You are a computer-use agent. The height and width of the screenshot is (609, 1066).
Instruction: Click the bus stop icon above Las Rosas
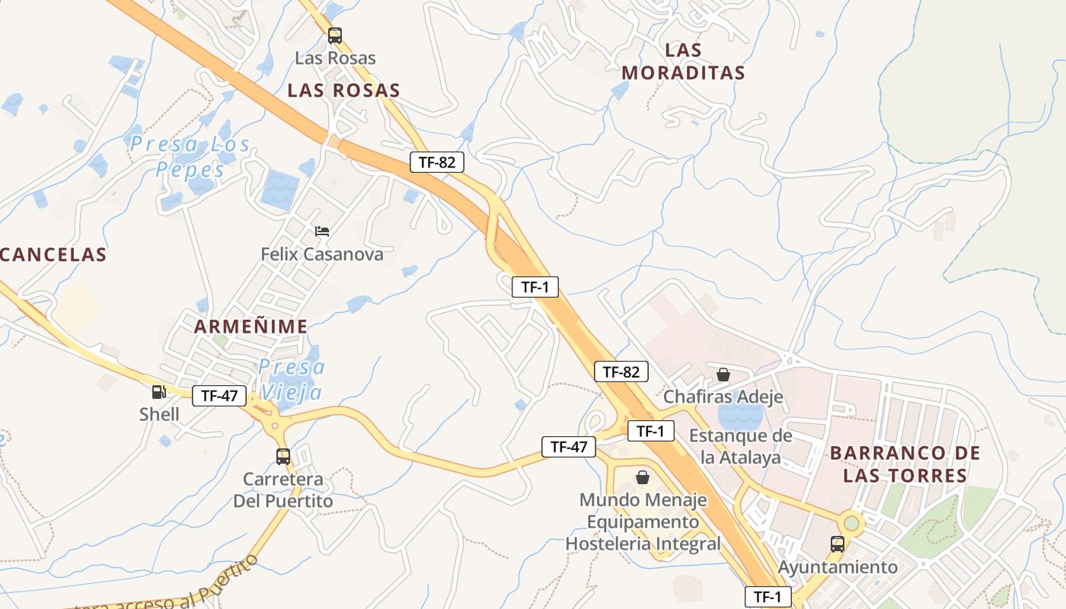(334, 35)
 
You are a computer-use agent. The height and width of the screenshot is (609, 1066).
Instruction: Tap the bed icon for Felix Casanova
(322, 231)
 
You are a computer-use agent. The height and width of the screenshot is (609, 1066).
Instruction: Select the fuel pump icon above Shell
(159, 392)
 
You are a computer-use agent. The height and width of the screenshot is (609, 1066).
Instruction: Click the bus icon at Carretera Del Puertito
(283, 457)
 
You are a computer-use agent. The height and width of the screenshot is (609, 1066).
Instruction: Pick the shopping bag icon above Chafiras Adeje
(723, 375)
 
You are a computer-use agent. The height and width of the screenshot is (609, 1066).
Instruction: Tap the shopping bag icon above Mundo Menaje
(643, 477)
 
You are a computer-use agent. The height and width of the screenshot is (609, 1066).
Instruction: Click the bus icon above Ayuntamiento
(838, 544)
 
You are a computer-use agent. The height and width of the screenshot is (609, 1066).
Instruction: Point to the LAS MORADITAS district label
(683, 62)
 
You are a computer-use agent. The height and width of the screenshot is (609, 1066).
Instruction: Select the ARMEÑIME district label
(251, 327)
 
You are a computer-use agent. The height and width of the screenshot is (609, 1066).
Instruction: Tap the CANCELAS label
(53, 254)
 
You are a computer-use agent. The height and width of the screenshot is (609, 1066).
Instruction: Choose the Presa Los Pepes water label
(190, 156)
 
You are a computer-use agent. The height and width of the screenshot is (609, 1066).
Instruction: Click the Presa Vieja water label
(292, 379)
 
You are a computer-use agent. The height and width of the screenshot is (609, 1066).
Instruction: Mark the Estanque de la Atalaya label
(741, 447)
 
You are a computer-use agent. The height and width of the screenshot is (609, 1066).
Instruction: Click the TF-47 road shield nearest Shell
(219, 396)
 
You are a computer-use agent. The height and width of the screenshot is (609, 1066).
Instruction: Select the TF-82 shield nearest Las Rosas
(437, 161)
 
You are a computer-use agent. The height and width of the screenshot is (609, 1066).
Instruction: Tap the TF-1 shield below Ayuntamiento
(768, 597)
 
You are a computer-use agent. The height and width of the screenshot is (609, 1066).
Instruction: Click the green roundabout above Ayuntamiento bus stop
(851, 523)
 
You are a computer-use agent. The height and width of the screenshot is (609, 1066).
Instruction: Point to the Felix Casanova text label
(322, 254)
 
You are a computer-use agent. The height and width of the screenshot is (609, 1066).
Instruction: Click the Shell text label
(159, 415)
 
